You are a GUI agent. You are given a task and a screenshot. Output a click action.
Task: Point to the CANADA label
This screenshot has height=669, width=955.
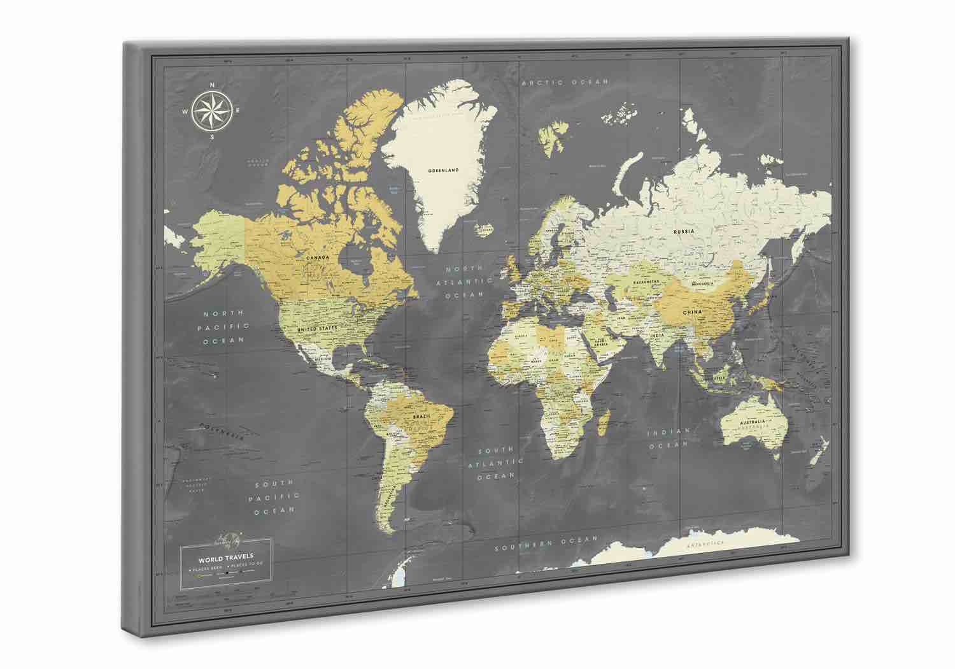(x=317, y=257)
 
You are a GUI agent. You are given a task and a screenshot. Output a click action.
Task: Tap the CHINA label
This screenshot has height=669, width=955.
(x=692, y=312)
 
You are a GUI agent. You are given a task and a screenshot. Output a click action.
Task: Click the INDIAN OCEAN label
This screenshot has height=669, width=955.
(x=668, y=438)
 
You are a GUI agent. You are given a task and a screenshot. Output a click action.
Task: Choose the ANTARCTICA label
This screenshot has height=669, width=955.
(x=705, y=543)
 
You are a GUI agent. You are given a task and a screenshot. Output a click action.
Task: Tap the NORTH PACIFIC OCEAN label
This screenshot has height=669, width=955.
(x=224, y=327)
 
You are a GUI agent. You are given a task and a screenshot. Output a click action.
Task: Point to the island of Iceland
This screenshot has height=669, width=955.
(x=486, y=227)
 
